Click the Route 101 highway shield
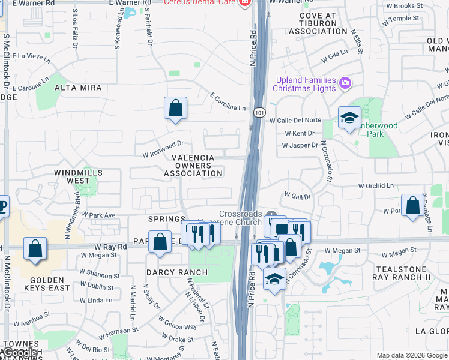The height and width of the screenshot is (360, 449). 259,112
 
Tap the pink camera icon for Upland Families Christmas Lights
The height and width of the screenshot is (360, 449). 345,83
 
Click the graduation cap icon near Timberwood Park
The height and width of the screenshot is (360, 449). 349,118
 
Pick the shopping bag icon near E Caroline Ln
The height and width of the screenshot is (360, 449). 175,109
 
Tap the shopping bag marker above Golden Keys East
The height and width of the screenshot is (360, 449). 35,248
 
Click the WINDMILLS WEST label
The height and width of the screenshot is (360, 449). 78,176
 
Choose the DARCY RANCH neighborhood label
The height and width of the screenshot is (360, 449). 177,272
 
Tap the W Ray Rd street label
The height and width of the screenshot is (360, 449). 110,247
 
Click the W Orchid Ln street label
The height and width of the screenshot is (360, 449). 376,186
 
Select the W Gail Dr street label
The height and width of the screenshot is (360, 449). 297,196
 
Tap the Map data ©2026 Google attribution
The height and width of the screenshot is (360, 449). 412,355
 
